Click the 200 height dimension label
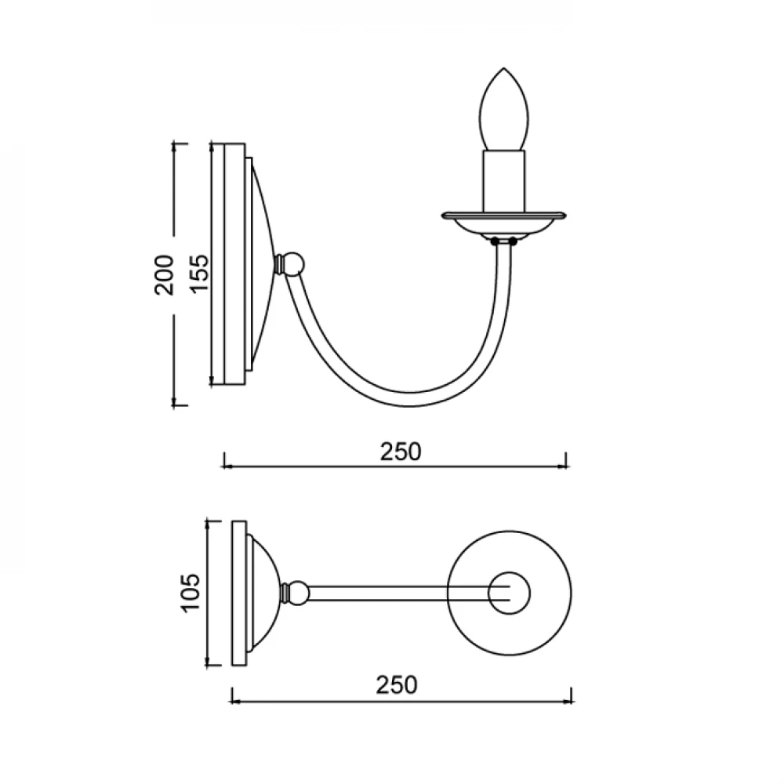pyautogui.click(x=165, y=274)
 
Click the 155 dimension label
pyautogui.click(x=198, y=274)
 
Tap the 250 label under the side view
pyautogui.click(x=401, y=452)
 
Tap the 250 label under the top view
pyautogui.click(x=397, y=685)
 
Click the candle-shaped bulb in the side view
pyautogui.click(x=503, y=110)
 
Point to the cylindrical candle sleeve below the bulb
pyautogui.click(x=504, y=180)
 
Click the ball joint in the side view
pyautogui.click(x=292, y=263)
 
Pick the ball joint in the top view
pyautogui.click(x=296, y=593)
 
